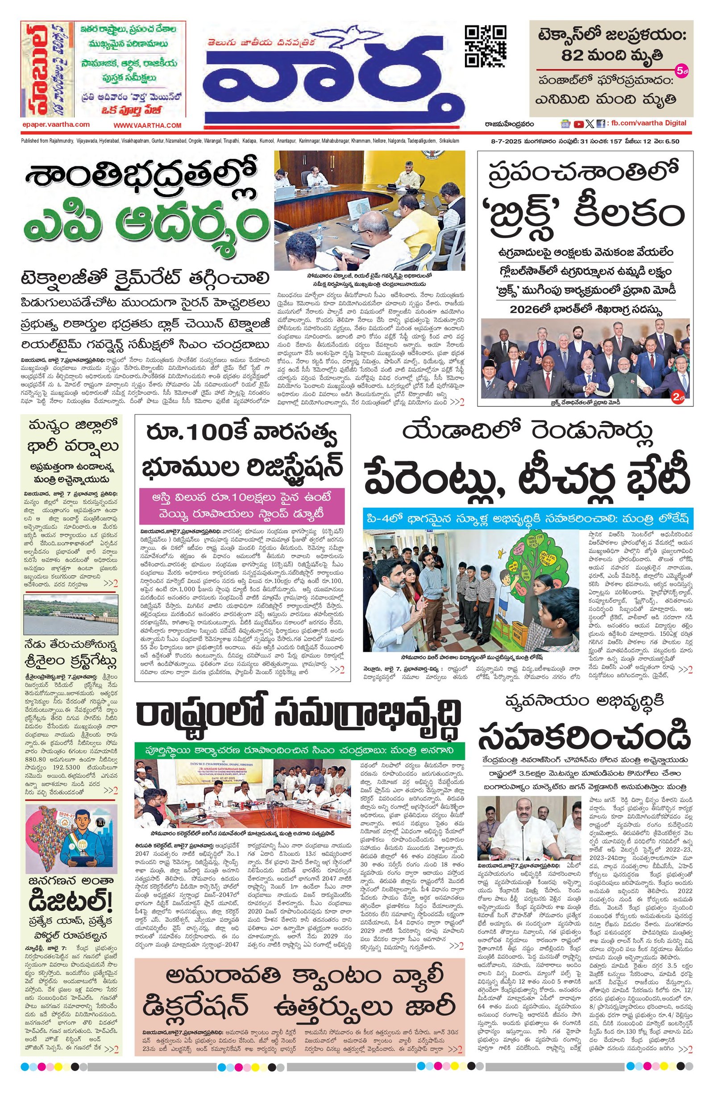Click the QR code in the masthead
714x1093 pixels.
[x=486, y=47]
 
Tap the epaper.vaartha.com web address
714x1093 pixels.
[x=55, y=124]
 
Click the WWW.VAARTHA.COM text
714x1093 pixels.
[x=148, y=125]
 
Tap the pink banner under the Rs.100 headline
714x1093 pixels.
[x=242, y=505]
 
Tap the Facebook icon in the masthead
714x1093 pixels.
[x=600, y=124]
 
